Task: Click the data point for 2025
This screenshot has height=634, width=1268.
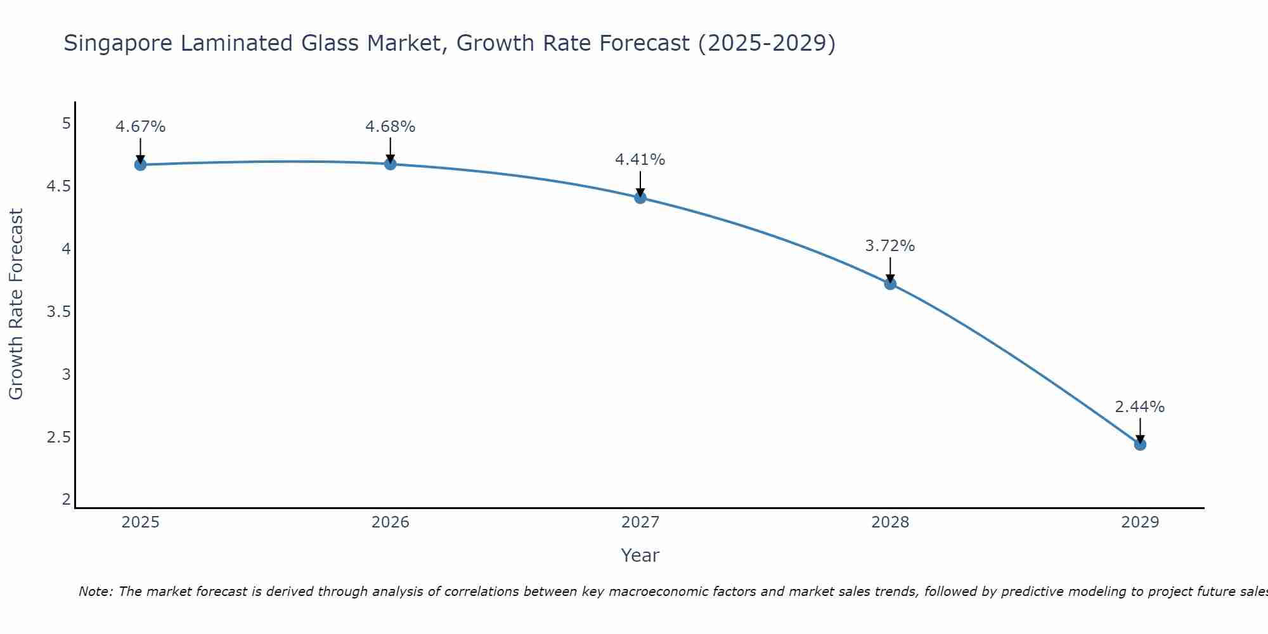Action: [140, 165]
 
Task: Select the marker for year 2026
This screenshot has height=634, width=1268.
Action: [391, 164]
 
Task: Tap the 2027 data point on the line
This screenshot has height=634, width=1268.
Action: [640, 198]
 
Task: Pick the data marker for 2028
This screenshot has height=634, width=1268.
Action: [890, 284]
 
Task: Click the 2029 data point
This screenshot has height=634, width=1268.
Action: [1140, 444]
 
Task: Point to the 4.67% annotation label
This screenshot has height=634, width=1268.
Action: [140, 127]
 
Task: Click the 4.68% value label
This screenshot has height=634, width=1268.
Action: [391, 127]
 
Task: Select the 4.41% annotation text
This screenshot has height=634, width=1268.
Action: [640, 160]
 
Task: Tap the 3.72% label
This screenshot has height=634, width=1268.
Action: [890, 246]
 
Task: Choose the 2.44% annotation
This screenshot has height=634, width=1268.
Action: [1140, 407]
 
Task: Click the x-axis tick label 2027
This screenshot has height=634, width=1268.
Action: [640, 522]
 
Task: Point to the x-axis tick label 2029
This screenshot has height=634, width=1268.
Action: [1140, 522]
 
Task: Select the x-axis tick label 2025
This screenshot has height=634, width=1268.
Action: [140, 522]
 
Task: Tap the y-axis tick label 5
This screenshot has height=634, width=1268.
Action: [67, 124]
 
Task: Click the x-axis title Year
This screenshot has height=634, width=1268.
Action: [640, 555]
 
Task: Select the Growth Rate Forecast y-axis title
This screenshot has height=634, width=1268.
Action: [16, 304]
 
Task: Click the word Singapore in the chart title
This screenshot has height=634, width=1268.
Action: [118, 44]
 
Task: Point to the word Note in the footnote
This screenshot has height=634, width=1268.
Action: [95, 592]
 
